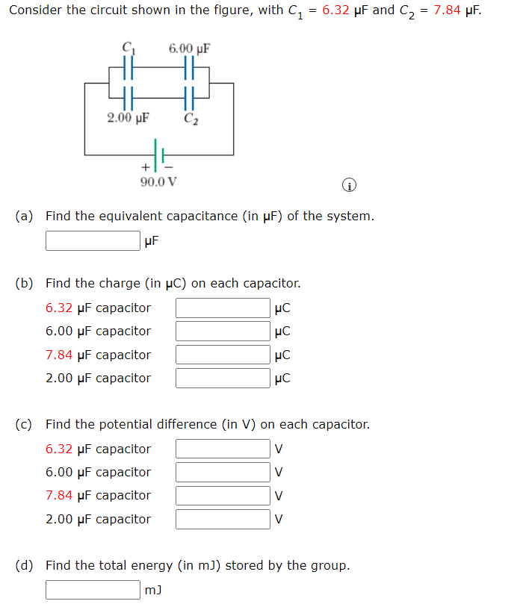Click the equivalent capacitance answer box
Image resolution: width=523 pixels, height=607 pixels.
click(93, 240)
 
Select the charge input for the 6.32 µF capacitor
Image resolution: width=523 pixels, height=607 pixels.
click(223, 308)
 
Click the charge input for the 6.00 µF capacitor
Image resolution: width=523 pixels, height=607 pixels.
click(223, 331)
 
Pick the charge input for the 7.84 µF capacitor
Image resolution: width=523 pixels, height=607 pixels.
click(223, 355)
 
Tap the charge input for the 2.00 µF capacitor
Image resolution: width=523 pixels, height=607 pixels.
click(223, 378)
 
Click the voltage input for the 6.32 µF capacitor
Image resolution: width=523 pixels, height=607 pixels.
click(223, 449)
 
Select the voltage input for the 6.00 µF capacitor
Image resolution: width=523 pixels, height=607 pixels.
click(223, 472)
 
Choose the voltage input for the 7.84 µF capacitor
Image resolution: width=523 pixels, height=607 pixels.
click(223, 495)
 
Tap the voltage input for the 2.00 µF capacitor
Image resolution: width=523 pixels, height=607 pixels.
click(223, 519)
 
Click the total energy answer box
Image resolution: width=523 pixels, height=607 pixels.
click(93, 590)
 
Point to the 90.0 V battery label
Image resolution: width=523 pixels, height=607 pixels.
click(158, 181)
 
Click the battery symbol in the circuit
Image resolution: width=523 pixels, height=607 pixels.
click(158, 155)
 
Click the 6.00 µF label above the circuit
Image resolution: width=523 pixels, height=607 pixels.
click(189, 49)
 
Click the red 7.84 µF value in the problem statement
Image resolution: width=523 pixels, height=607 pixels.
click(457, 10)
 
